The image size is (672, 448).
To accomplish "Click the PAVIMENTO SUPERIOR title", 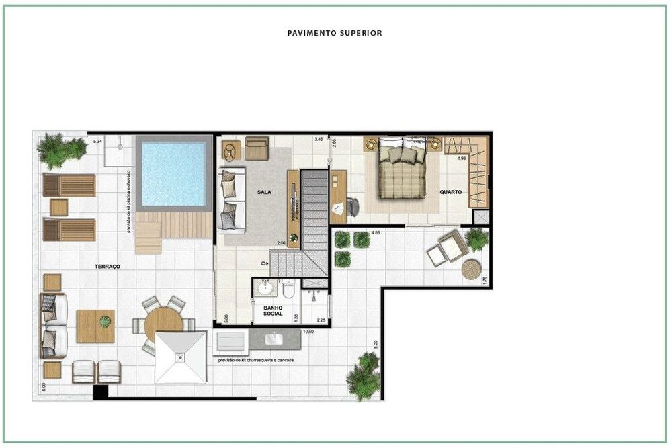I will (x=335, y=32).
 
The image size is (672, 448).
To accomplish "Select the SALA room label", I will (x=263, y=192).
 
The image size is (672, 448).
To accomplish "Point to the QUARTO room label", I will (x=451, y=192).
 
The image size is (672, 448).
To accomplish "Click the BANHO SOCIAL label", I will (x=272, y=311).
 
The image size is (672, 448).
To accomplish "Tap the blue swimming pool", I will (x=173, y=171).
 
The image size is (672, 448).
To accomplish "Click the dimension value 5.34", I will (x=97, y=141).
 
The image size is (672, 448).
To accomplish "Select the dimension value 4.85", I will (x=376, y=232).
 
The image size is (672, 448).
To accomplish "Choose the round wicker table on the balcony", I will (x=472, y=269).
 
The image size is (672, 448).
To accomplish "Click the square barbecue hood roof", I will (x=180, y=357).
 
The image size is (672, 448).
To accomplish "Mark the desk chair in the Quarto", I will (x=352, y=207).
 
